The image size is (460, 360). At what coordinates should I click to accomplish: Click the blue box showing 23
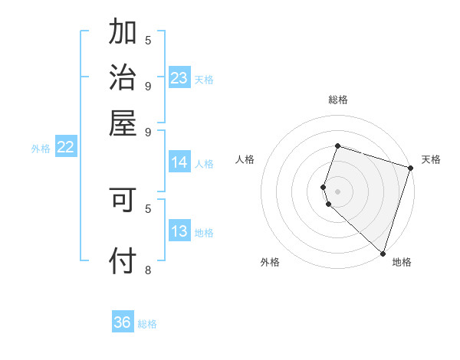pos(179,78)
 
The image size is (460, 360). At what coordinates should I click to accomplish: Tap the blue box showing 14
pos(179,162)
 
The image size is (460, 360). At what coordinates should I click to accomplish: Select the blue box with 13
pos(179,232)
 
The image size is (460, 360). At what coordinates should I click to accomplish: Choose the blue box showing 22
pos(65,148)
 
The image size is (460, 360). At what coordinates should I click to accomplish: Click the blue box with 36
pos(123,322)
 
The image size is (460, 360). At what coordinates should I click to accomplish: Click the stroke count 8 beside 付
pos(148,270)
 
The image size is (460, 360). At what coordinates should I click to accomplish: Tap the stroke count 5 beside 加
pos(148,40)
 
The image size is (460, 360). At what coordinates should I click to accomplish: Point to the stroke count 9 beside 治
pos(148,86)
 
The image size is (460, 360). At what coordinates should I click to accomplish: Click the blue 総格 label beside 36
pos(147,324)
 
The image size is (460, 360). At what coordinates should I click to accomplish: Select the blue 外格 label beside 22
pos(40,149)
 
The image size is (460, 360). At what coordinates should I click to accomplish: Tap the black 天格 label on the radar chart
pos(431,160)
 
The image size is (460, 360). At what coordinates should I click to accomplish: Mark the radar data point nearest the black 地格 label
pos(383,254)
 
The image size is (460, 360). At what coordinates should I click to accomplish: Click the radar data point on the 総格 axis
pos(337,146)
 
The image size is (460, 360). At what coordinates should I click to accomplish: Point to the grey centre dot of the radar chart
pos(337,191)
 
